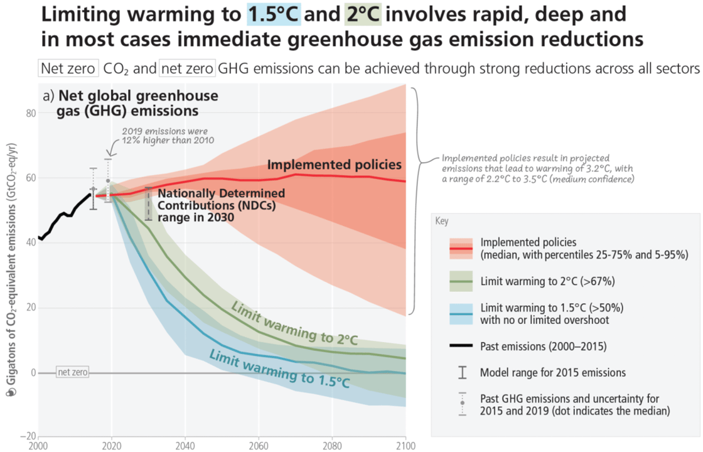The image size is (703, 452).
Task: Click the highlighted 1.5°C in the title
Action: point(274,14)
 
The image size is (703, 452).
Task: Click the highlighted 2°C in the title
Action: point(363,14)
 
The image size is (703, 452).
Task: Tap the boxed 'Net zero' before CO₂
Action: point(68,68)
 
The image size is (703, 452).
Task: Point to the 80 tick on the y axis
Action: point(31,113)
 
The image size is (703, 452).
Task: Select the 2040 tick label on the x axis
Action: point(185,446)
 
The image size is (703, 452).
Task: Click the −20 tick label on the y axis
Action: point(28,436)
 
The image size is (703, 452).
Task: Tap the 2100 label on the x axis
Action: point(405,446)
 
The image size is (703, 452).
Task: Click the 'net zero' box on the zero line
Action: point(73,372)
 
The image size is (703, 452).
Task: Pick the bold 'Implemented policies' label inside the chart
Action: point(335,164)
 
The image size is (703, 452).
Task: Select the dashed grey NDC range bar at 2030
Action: point(148,203)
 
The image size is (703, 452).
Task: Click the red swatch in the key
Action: point(461,249)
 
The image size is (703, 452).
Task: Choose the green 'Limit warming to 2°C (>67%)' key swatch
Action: point(461,281)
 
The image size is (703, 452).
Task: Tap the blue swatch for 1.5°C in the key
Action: point(461,314)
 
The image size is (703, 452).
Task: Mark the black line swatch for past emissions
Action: point(461,346)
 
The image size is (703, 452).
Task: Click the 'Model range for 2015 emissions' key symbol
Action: point(462,372)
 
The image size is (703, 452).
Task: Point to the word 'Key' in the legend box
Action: point(442,221)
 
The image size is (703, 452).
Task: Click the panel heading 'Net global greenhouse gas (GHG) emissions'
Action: point(131,103)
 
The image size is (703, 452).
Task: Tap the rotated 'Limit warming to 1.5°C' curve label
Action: point(279,369)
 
